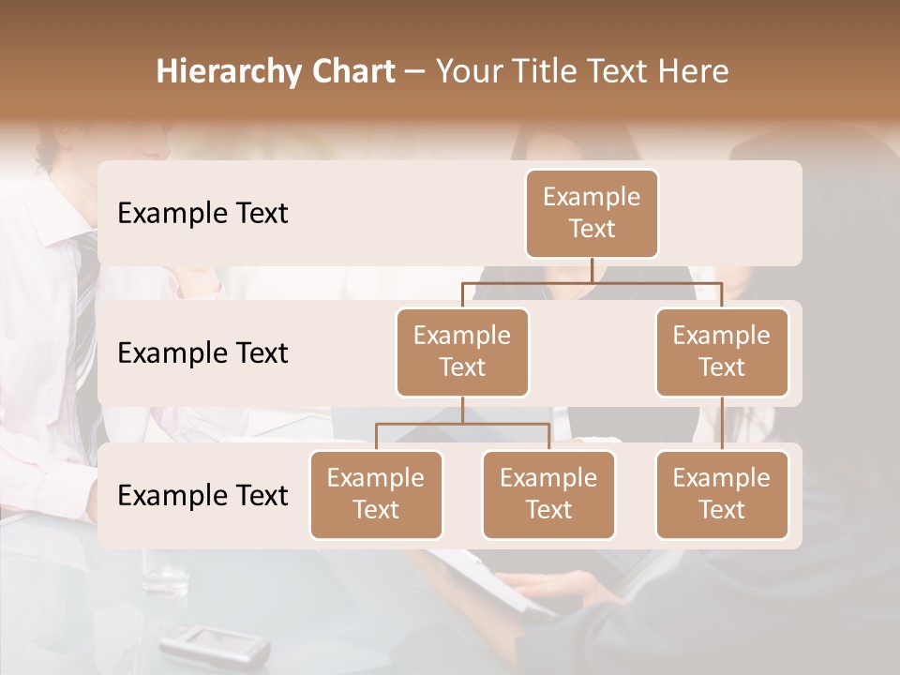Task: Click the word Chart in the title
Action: pos(351,72)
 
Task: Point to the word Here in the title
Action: pos(694,72)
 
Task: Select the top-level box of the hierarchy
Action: pos(592,214)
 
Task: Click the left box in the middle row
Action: pos(462,352)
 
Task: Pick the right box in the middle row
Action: pos(722,352)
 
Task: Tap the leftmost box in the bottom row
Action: pos(376,495)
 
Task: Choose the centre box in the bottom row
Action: pos(548,495)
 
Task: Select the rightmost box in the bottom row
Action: pos(722,495)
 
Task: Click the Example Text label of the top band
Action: pos(202,214)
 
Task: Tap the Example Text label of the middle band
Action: pos(202,353)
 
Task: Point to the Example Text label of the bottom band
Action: pos(202,496)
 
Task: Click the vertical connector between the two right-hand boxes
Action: pos(722,424)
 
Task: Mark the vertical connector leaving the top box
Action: pos(592,270)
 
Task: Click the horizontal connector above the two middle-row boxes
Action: pos(592,281)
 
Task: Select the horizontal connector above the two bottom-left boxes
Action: pos(462,424)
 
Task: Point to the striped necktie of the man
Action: pos(85,309)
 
